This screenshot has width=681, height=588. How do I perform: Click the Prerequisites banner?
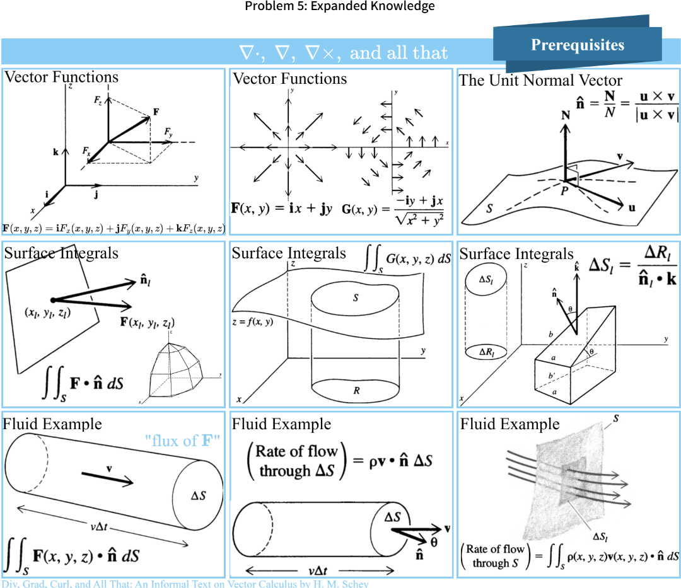[x=577, y=45]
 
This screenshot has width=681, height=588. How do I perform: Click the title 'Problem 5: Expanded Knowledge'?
[x=340, y=7]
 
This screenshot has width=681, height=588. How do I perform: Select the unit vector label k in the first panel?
[x=57, y=152]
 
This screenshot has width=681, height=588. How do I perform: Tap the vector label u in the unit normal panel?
[x=631, y=207]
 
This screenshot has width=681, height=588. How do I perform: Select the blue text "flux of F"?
[x=186, y=441]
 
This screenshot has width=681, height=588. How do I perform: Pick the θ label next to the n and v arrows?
[x=434, y=540]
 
